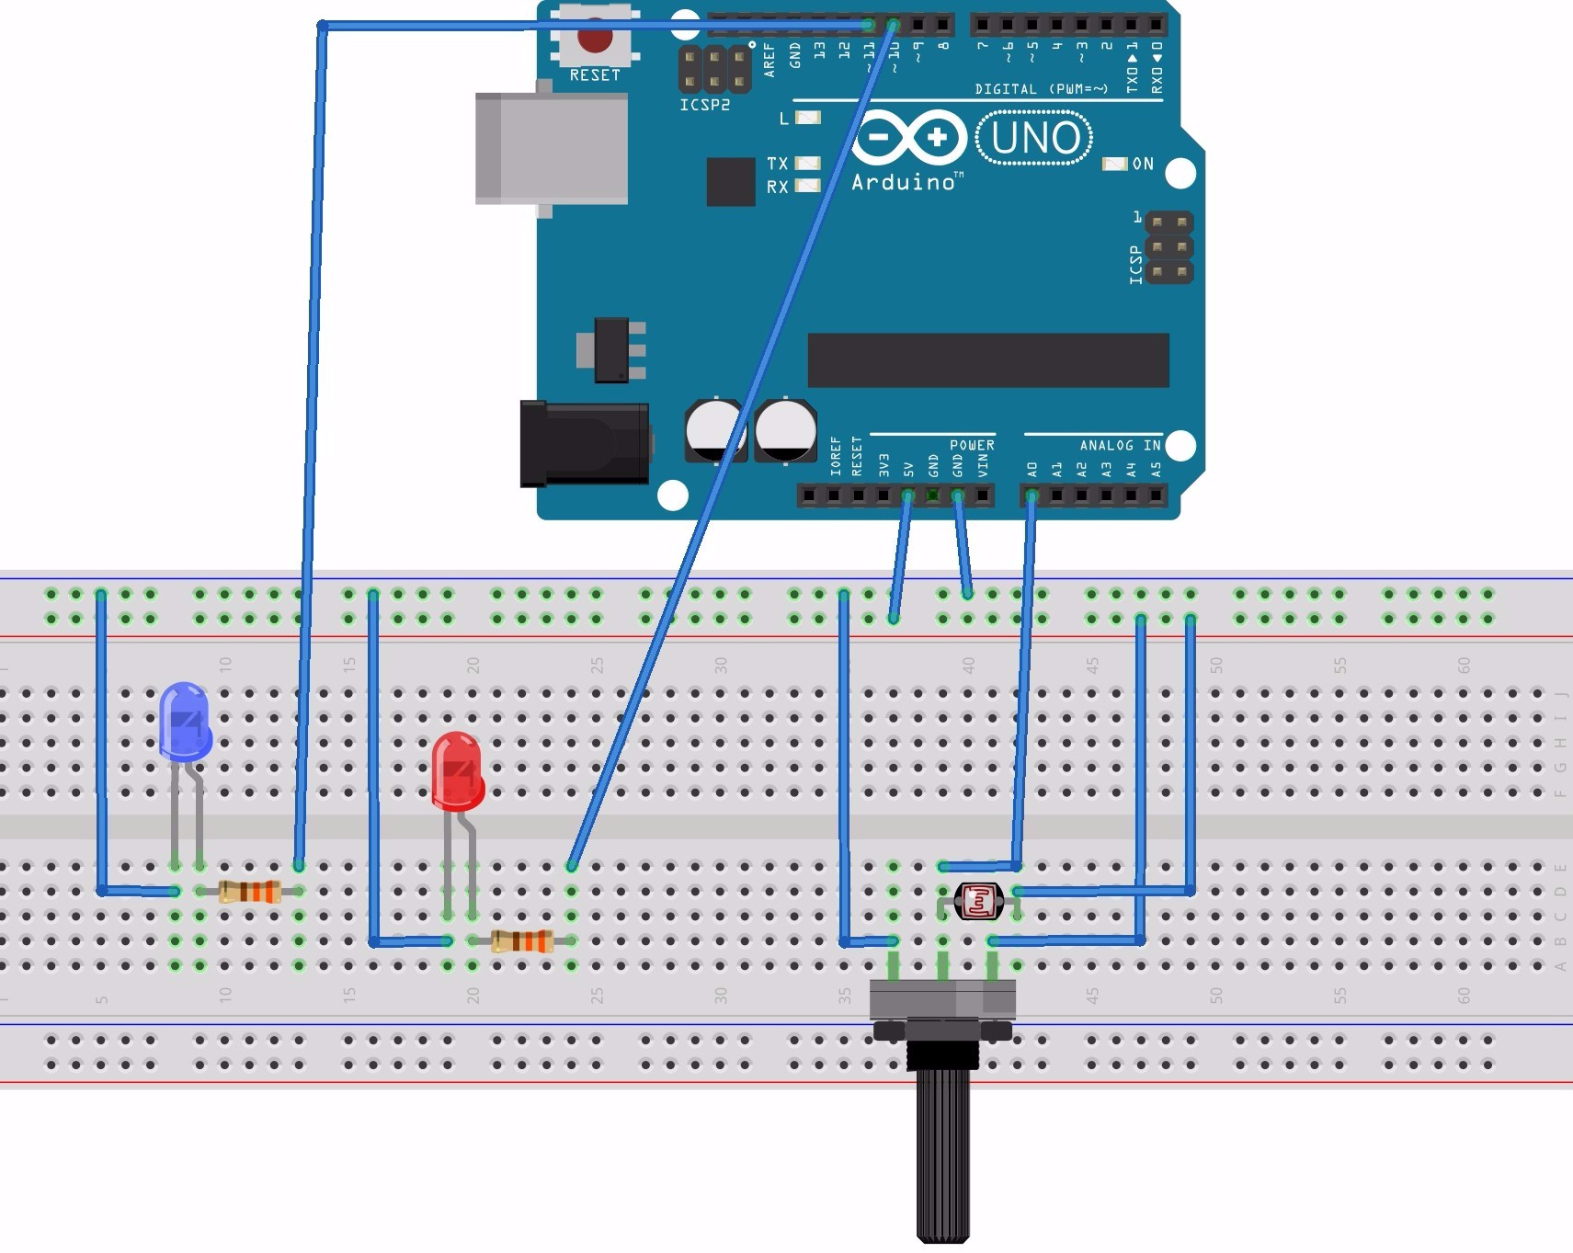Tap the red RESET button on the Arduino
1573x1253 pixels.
595,40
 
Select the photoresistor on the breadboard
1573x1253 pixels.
978,901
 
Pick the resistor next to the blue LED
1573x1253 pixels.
250,891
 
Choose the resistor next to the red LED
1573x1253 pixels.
521,941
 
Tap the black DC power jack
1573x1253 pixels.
584,444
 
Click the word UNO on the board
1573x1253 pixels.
1035,139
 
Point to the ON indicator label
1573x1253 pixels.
1143,164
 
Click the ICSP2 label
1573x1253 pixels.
705,106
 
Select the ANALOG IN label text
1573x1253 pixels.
1120,446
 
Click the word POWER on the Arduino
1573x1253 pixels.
972,445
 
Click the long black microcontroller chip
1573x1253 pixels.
987,360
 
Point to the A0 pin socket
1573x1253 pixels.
1032,496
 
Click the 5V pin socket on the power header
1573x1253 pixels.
908,496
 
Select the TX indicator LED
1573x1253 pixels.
807,164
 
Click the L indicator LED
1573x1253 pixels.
807,118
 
